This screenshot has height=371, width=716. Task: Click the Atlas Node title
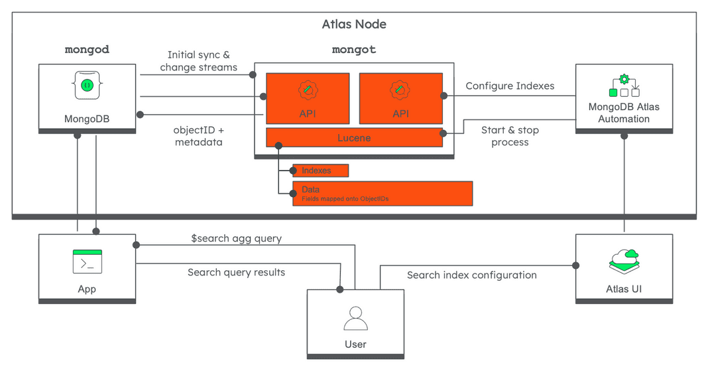point(354,25)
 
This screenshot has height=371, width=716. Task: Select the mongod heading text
point(87,50)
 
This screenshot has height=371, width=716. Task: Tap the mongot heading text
point(353,50)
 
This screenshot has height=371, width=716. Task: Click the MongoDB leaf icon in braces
point(87,85)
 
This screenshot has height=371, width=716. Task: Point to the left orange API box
point(308,98)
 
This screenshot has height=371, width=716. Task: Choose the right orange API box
point(400,98)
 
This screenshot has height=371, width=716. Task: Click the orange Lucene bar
point(354,137)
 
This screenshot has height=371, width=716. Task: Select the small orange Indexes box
point(321,171)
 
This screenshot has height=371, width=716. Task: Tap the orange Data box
point(383,193)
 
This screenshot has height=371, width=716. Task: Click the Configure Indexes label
point(510,86)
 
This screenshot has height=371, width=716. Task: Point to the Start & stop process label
point(510,136)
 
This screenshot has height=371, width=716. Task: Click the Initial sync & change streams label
point(198,61)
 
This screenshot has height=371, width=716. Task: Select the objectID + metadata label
point(198,136)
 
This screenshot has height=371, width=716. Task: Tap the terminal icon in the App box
point(87,261)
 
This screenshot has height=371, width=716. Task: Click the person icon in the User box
point(355,319)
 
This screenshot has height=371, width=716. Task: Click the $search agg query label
point(236,238)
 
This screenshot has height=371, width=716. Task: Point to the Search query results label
point(236,272)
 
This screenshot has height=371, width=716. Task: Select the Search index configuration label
point(471,275)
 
